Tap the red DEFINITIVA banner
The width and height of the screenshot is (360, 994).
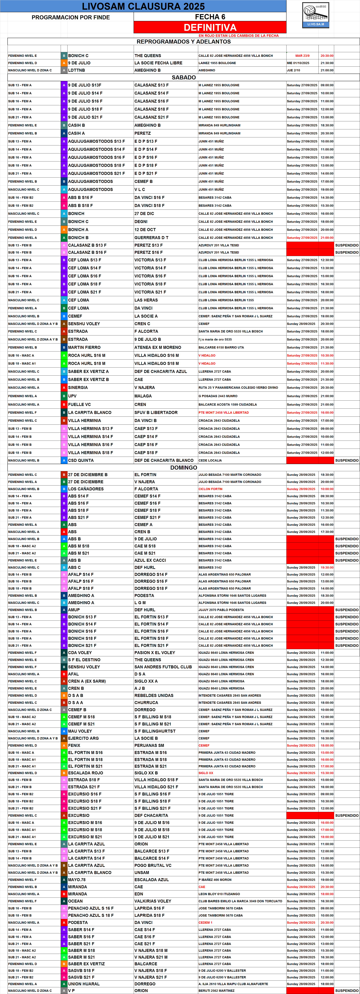click(210, 27)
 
